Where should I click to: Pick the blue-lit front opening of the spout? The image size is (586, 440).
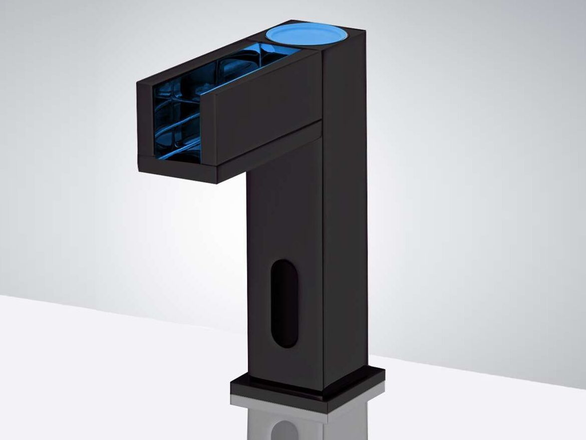175,123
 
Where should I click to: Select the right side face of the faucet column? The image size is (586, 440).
346,226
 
